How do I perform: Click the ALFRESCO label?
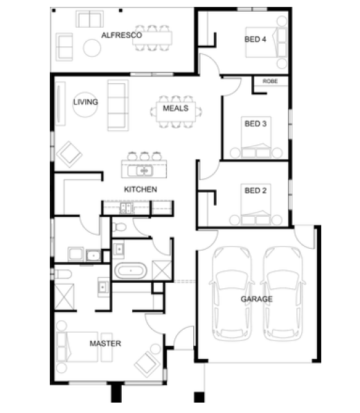pyautogui.click(x=122, y=35)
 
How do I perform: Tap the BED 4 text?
pyautogui.click(x=255, y=39)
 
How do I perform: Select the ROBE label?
pyautogui.click(x=270, y=81)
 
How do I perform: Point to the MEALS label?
pyautogui.click(x=176, y=108)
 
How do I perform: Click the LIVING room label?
pyautogui.click(x=86, y=102)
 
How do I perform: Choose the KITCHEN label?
pyautogui.click(x=141, y=189)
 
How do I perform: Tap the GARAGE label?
pyautogui.click(x=257, y=299)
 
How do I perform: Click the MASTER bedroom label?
pyautogui.click(x=105, y=344)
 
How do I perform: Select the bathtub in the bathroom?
pyautogui.click(x=131, y=270)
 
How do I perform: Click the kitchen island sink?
pyautogui.click(x=144, y=171)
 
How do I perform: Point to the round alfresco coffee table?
pyautogui.click(x=92, y=48)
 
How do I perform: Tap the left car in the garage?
pyautogui.click(x=232, y=294)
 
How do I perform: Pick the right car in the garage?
pyautogui.click(x=283, y=294)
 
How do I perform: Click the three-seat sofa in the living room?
pyautogui.click(x=118, y=105)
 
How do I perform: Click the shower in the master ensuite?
pyautogui.click(x=64, y=297)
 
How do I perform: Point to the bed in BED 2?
pyautogui.click(x=255, y=204)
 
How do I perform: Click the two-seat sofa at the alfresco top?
pyautogui.click(x=89, y=19)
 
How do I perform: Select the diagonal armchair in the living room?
pyautogui.click(x=69, y=155)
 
